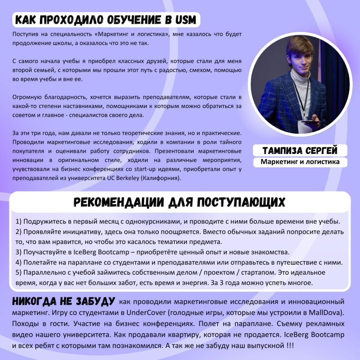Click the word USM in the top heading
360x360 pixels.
(x=185, y=20)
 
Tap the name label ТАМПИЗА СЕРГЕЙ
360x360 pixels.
(x=300, y=151)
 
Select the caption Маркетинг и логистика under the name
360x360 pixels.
(x=300, y=162)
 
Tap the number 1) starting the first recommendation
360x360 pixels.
(x=19, y=222)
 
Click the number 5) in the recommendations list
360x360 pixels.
(x=19, y=272)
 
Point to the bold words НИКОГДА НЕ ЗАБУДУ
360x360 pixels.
(x=64, y=301)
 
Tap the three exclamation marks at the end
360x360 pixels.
(x=290, y=346)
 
